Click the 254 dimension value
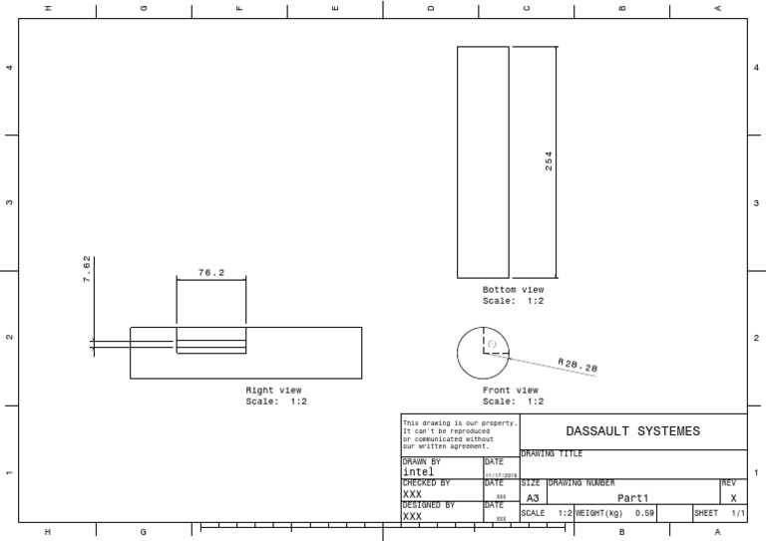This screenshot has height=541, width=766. pos(548,161)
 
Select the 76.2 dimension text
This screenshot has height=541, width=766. pos(210,272)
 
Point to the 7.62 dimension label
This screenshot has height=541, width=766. pos(87,270)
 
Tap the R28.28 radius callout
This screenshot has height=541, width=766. pos(577,367)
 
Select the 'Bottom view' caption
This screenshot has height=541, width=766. pos(513,289)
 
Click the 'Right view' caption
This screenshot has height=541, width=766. pos(274,391)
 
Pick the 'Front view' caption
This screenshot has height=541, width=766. pos(511,391)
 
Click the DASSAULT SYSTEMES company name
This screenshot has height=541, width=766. pos(632,431)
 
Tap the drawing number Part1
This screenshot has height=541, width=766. pos(632,497)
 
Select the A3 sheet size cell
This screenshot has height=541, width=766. pos(533,497)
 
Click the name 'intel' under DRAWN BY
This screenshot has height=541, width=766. pos(418,472)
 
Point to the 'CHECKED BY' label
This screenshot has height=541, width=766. pos(426,483)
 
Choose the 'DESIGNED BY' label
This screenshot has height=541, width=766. pos(428,505)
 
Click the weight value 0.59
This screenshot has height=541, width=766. pos(644,513)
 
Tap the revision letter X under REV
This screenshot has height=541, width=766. pos(733,497)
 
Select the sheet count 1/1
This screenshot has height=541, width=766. pos(738,513)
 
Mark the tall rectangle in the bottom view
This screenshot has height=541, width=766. pos(483,161)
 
